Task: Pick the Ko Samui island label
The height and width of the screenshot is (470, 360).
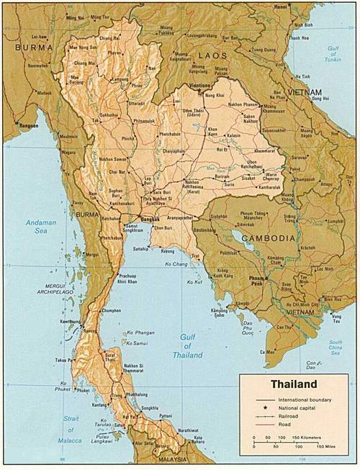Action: click(136, 344)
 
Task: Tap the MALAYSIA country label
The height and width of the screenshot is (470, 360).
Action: click(168, 458)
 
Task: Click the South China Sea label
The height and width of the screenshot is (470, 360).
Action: click(336, 347)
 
